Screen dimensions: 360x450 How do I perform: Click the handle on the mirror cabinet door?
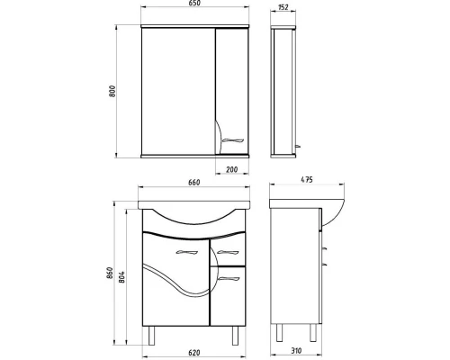coord(231,139)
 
